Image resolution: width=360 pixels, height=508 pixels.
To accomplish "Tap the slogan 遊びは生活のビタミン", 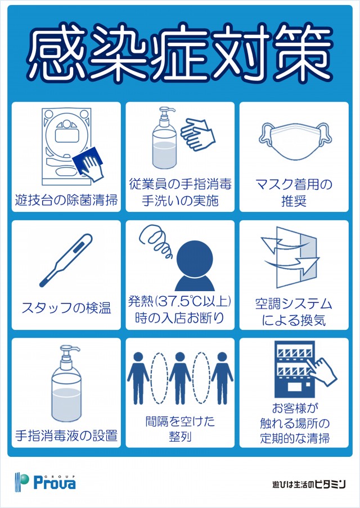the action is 309,484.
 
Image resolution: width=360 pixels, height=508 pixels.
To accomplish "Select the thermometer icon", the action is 66,260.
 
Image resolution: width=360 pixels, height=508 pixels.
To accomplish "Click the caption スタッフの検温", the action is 66,308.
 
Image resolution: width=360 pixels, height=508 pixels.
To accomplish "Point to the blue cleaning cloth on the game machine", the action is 87,161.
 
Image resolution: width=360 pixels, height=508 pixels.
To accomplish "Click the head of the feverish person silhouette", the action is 195,258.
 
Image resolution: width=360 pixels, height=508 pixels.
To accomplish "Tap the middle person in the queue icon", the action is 180,378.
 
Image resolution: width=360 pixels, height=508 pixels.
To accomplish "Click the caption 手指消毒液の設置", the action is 66,436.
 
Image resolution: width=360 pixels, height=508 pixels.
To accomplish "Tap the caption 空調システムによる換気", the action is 294,312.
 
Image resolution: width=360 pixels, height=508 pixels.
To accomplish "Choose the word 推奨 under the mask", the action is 294,201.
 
